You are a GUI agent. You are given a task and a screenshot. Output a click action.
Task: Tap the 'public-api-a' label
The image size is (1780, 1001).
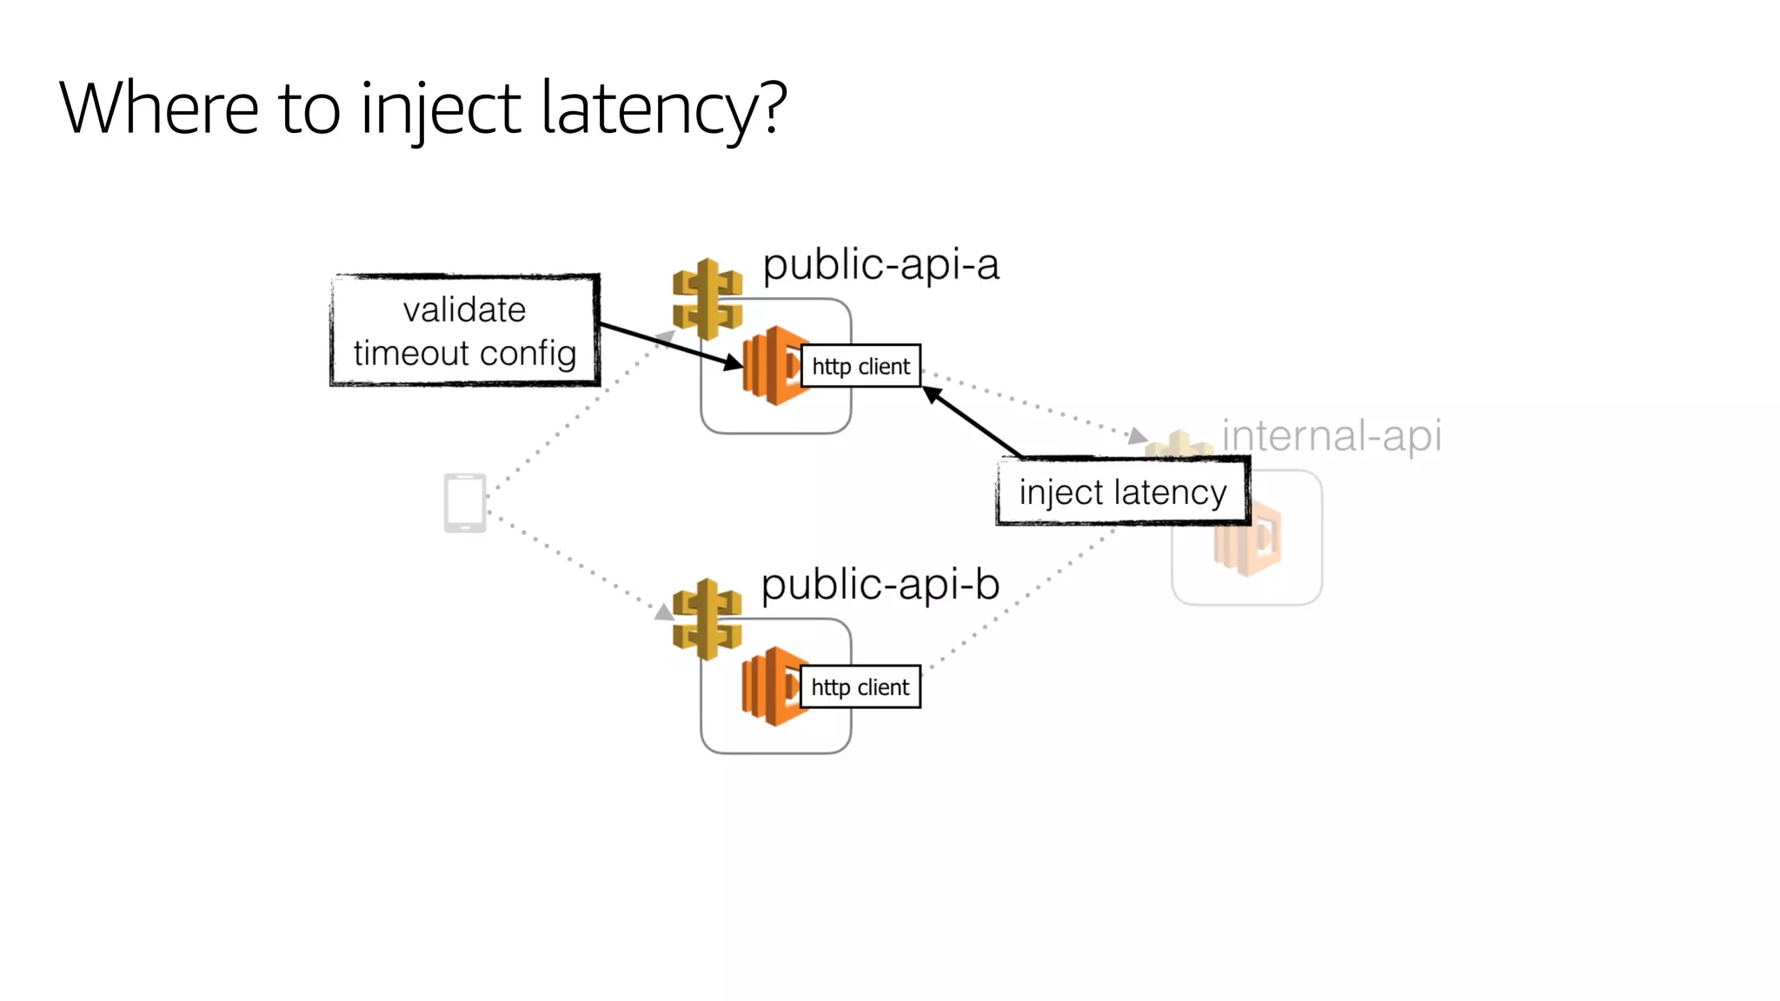[880, 264]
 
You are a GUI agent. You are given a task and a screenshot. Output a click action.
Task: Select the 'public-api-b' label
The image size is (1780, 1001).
[880, 584]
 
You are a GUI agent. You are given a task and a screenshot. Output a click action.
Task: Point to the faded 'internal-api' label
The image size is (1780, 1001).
[1332, 435]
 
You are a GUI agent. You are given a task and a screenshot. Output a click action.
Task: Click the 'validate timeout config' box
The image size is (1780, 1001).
[465, 331]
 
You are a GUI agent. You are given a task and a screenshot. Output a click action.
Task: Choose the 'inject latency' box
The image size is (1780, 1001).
[1122, 492]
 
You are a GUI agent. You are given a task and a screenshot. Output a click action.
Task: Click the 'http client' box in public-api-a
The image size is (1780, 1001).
[860, 366]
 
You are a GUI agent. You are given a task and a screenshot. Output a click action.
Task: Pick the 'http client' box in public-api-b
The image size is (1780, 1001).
[860, 687]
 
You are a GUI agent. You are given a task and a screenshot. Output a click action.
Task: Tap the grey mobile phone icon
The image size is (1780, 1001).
[465, 502]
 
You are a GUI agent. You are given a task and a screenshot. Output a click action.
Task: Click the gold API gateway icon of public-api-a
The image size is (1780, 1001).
[707, 299]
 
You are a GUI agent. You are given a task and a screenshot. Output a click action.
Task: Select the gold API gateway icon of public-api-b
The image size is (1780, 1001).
[707, 619]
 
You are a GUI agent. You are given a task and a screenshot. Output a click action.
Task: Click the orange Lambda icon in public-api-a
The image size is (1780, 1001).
[770, 366]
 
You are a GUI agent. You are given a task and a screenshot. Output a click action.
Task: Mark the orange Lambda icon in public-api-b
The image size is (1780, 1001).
[769, 686]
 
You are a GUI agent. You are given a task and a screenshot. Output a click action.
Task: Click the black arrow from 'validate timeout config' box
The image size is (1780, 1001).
[669, 346]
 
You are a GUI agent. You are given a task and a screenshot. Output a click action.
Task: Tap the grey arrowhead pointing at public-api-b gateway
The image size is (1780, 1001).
[665, 613]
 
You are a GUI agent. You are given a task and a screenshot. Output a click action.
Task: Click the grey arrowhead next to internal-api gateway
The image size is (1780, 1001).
[1137, 435]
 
